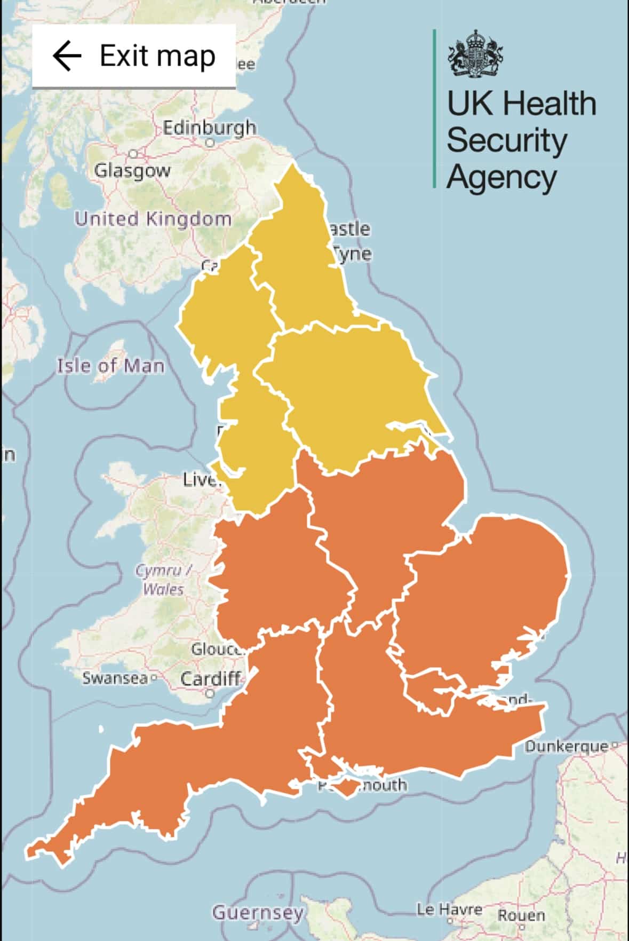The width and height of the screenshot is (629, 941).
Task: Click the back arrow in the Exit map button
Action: pos(67,56)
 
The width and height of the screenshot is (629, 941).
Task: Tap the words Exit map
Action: pos(157,56)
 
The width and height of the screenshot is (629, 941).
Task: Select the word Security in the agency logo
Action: pos(506,140)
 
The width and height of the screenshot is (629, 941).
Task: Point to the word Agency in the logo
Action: pos(501,177)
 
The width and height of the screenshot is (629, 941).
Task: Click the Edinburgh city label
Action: pos(209,128)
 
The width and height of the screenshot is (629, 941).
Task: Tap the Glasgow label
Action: pos(132,170)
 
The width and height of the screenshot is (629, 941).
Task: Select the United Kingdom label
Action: pos(153,219)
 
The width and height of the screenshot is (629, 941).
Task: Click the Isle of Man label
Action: pos(110,366)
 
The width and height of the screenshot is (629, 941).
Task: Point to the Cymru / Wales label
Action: pos(163,580)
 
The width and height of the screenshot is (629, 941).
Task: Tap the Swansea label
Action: pos(115,678)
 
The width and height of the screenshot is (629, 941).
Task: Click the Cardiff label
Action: pos(210,679)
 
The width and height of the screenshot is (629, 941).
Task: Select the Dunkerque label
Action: pos(567,746)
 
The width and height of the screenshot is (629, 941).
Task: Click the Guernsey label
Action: pos(258,912)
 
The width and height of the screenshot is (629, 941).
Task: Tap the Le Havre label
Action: pos(449,909)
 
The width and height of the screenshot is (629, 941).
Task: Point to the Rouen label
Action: pos(521,915)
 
